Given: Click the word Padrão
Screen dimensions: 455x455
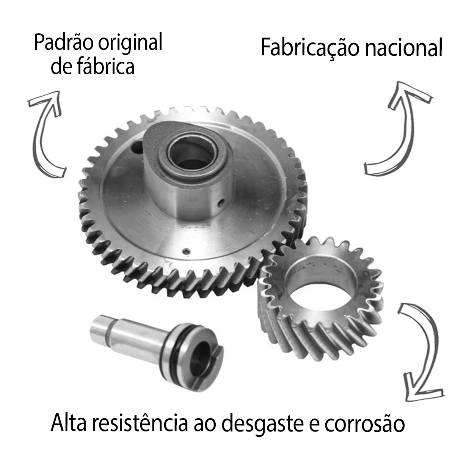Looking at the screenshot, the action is [63, 42].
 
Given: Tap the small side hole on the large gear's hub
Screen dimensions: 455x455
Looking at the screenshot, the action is [221, 202].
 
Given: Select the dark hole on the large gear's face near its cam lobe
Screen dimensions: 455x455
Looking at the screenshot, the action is [137, 147].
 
